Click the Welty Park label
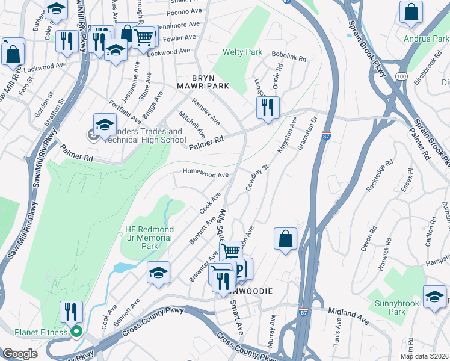click(242, 52)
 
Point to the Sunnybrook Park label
click(388, 307)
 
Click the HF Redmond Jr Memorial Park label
click(149, 238)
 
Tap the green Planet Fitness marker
click(76, 332)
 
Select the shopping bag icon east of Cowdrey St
click(285, 238)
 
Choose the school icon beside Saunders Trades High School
click(105, 125)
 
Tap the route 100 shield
click(402, 76)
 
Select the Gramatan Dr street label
click(306, 135)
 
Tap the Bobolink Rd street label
click(289, 57)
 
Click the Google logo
click(20, 354)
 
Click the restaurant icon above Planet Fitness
click(71, 312)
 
